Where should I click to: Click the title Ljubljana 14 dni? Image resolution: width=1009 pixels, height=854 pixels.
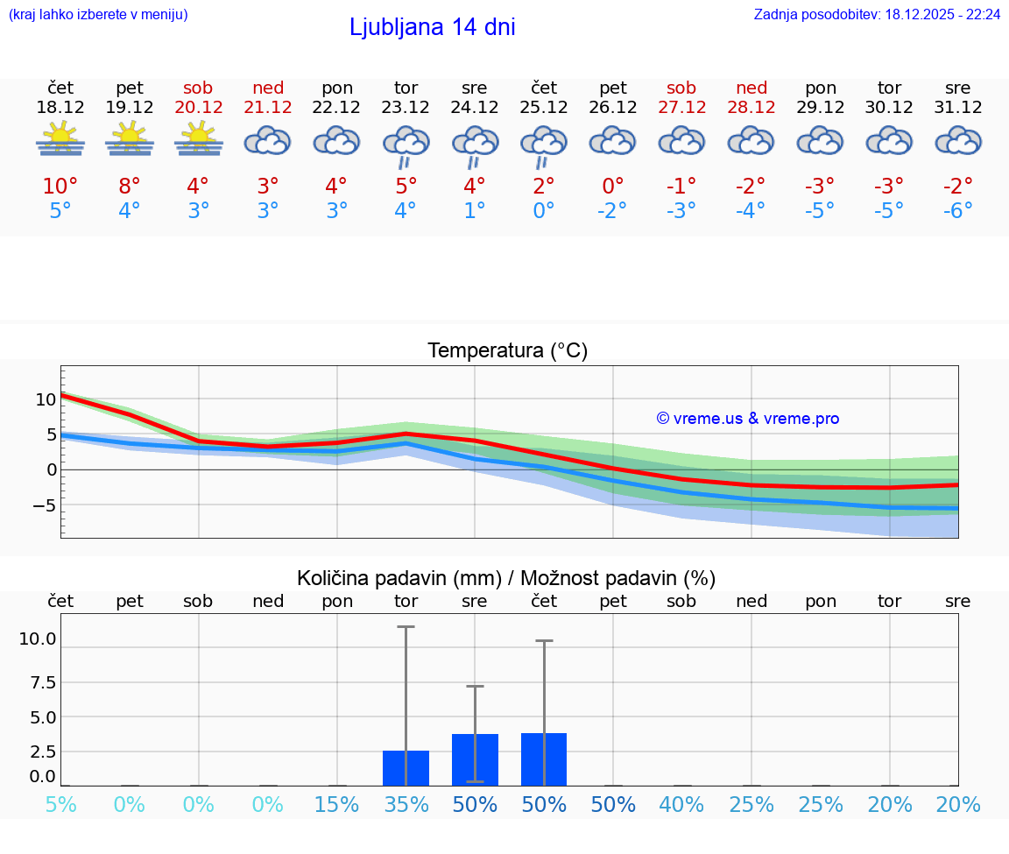pyautogui.click(x=432, y=27)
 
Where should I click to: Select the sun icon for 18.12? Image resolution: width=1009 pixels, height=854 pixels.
pyautogui.click(x=60, y=138)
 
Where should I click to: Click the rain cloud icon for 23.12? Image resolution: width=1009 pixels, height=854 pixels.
pyautogui.click(x=406, y=144)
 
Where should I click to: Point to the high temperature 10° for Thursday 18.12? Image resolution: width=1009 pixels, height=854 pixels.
pyautogui.click(x=60, y=187)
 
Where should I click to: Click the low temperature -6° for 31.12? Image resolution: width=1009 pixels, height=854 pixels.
pyautogui.click(x=957, y=211)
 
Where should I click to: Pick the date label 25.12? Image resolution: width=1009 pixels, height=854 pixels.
pyautogui.click(x=543, y=107)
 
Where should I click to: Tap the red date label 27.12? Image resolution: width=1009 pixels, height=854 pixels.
pyautogui.click(x=681, y=107)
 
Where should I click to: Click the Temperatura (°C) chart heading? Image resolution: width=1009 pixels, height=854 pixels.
pyautogui.click(x=507, y=351)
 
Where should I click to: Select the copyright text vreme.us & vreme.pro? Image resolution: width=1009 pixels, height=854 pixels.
pyautogui.click(x=748, y=419)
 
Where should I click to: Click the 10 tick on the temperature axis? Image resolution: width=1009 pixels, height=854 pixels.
pyautogui.click(x=46, y=399)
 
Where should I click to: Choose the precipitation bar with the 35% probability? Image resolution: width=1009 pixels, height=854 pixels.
pyautogui.click(x=406, y=768)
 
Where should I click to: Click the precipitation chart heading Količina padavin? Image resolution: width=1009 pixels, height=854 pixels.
pyautogui.click(x=506, y=578)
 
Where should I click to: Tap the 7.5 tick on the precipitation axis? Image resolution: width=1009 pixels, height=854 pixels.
pyautogui.click(x=38, y=682)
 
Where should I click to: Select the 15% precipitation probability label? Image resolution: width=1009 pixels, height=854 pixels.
pyautogui.click(x=337, y=805)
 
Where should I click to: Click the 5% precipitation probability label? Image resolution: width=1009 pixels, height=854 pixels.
pyautogui.click(x=60, y=805)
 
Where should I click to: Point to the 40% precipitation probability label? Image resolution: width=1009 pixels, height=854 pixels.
pyautogui.click(x=681, y=805)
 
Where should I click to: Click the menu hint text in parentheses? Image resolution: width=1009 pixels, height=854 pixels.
pyautogui.click(x=98, y=15)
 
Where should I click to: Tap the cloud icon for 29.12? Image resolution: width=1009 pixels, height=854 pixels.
pyautogui.click(x=820, y=140)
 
